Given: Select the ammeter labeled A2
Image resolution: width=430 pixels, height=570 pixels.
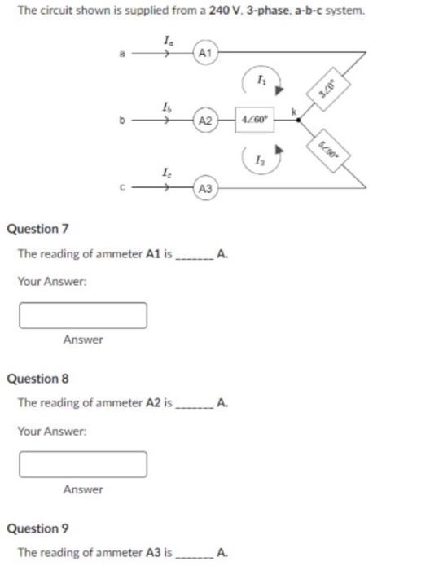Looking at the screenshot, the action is (205, 121).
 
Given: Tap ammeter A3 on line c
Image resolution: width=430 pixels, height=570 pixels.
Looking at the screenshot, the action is (205, 188).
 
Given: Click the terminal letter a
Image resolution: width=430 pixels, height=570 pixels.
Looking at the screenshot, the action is (123, 55).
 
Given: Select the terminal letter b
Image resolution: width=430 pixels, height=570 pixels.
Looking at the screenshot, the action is (123, 121).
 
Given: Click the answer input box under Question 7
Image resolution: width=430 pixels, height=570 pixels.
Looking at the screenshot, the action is (83, 313).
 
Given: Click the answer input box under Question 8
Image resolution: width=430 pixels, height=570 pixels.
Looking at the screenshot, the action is (83, 463).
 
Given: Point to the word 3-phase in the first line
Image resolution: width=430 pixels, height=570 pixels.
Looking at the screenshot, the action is (261, 11).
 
